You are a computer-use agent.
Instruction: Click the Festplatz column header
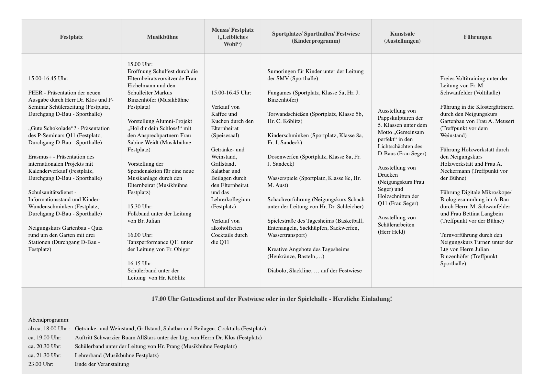(x=71, y=37)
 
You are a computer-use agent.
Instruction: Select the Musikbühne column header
(x=162, y=37)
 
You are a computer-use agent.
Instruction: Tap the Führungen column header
(x=477, y=37)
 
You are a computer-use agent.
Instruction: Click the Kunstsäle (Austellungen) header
(x=402, y=37)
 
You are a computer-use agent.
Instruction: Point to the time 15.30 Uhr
(x=140, y=206)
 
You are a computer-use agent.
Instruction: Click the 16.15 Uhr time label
(x=140, y=263)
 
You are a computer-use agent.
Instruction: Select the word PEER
(x=35, y=93)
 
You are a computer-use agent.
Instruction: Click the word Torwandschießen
(x=288, y=114)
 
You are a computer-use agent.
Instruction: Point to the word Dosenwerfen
(x=283, y=157)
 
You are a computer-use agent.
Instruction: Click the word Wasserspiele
(x=283, y=178)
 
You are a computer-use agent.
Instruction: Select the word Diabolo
(x=277, y=270)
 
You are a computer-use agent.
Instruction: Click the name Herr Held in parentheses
(x=391, y=232)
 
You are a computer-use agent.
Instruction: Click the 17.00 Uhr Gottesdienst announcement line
(x=272, y=299)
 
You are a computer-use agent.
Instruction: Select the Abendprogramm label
(x=49, y=320)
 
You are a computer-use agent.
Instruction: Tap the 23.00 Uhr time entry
(x=41, y=364)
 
